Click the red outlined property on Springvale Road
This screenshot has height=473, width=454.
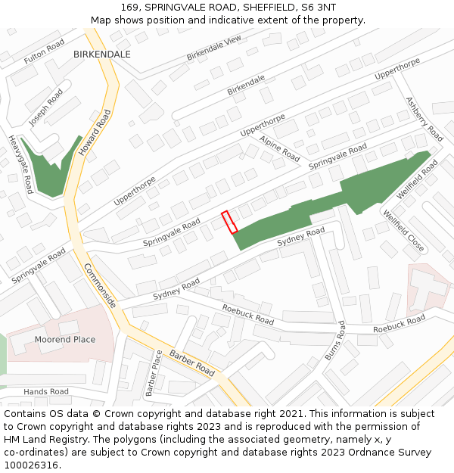229,222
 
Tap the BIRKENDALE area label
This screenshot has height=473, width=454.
102,54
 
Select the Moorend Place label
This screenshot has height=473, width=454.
65,340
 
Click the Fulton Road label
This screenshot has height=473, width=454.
45,52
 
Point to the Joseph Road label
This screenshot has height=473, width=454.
46,107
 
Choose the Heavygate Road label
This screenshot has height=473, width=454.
20,164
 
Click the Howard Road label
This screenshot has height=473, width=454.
95,132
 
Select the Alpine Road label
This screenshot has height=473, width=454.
280,148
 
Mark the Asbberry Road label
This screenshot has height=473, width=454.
424,119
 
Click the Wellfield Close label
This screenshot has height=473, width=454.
403,230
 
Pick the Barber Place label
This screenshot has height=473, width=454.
154,373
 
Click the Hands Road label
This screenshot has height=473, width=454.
45,392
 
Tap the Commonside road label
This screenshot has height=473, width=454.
100,285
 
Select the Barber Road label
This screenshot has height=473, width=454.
192,363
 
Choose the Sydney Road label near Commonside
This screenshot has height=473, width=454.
176,288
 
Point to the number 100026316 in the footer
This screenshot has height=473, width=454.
30,465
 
